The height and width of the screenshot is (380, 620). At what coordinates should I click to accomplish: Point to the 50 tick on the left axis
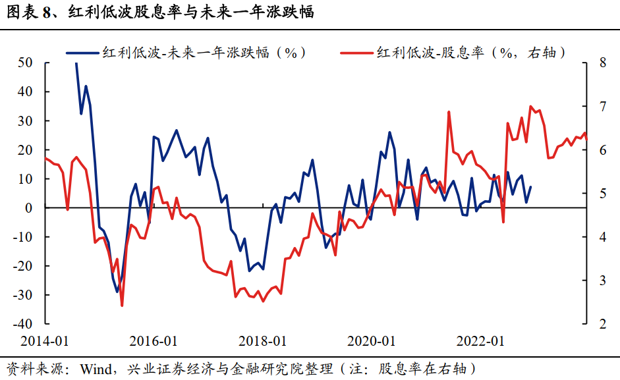point(26,63)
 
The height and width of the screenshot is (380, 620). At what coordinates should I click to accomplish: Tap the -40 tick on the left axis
point(24,324)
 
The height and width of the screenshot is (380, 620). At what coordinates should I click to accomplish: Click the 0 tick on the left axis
point(30,208)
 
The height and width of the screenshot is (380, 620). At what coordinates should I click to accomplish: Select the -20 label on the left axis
point(24,266)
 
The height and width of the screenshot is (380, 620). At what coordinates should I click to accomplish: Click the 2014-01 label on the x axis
point(44,340)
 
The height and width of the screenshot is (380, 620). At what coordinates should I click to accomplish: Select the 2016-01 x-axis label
point(153,340)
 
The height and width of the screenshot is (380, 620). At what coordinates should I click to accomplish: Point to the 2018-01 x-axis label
point(262,340)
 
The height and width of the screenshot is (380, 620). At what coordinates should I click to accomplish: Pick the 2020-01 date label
point(372,340)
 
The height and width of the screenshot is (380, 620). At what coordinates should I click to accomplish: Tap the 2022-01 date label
point(480,340)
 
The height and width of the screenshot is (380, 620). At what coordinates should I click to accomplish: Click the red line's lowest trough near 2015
point(122,305)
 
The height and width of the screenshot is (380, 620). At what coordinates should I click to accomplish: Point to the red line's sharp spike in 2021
point(449,112)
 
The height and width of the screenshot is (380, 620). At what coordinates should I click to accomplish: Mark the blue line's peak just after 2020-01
point(389,132)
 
